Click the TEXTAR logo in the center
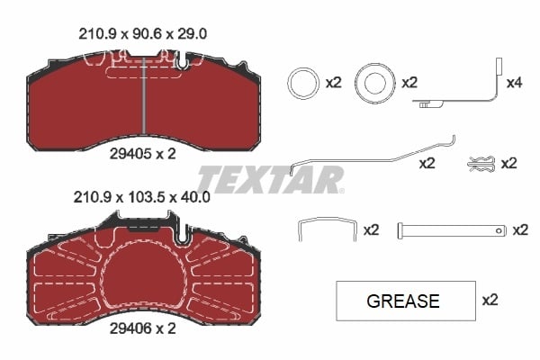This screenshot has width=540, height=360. (270, 178)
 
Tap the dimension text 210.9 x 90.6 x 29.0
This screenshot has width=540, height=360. (145, 33)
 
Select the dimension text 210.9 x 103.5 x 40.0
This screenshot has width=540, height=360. (145, 195)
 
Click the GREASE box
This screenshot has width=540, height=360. (405, 301)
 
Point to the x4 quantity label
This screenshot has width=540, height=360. (515, 83)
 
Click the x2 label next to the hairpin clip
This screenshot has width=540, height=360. (508, 163)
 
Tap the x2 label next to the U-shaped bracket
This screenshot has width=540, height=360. (371, 230)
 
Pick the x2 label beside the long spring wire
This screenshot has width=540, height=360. (427, 165)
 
